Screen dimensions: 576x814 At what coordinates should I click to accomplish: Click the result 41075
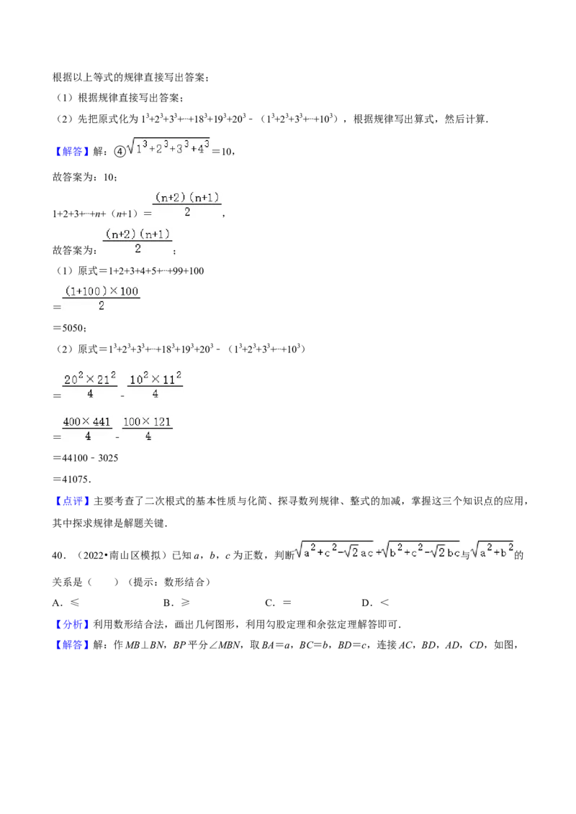(x=76, y=479)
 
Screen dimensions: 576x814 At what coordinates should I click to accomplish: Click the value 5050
(x=73, y=328)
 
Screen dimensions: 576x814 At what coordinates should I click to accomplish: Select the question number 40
(x=57, y=555)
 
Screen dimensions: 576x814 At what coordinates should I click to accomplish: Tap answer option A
(x=66, y=603)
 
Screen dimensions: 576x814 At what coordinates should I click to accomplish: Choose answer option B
(x=176, y=603)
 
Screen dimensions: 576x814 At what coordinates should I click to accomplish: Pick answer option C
(x=278, y=603)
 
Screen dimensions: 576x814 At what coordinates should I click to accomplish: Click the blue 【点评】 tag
(x=72, y=501)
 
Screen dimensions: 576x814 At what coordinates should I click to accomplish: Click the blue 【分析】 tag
(x=72, y=624)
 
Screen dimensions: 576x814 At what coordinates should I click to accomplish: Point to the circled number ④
(x=120, y=152)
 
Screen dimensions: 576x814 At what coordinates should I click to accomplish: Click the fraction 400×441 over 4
(x=87, y=429)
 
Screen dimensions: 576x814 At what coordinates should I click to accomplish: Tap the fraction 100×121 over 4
(x=147, y=429)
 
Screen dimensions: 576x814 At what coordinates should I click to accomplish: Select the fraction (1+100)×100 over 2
(x=102, y=298)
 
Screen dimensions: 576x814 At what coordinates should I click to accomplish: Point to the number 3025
(x=108, y=458)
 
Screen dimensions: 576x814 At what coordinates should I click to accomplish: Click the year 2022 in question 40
(x=94, y=555)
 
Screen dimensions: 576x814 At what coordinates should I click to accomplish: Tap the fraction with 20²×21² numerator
(x=89, y=385)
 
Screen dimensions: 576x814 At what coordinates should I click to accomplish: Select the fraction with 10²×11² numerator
(x=155, y=385)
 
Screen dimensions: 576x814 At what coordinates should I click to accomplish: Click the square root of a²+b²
(x=492, y=550)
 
